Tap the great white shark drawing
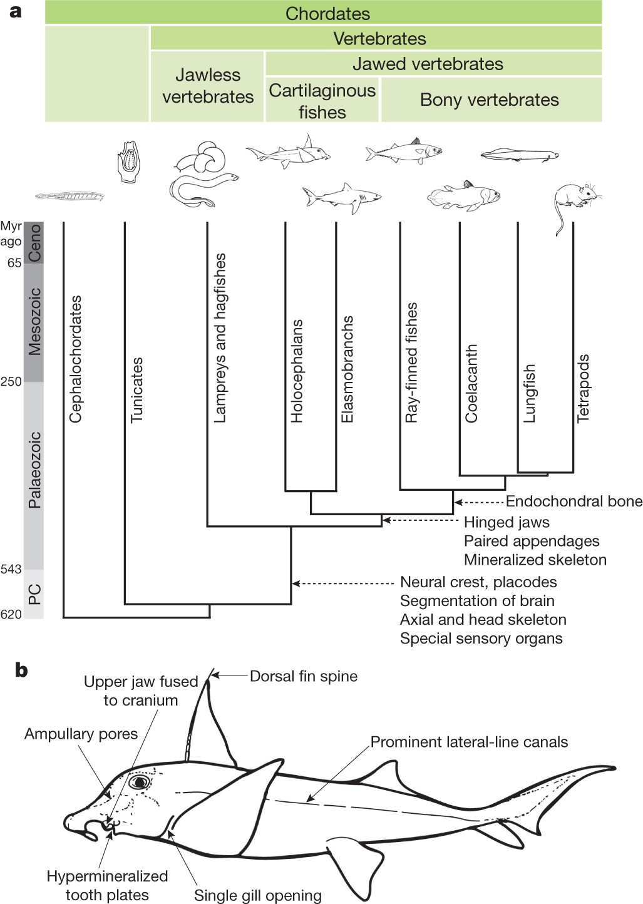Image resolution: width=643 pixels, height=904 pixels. (341, 197)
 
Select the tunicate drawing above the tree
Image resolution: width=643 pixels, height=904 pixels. (128, 162)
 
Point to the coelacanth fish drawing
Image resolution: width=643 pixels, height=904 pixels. (464, 195)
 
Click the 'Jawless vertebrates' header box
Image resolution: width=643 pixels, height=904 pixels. (207, 86)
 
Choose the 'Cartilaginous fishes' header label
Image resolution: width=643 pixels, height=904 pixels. (322, 101)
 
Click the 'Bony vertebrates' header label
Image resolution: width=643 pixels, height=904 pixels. (490, 100)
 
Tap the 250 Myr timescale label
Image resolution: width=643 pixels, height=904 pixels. (11, 381)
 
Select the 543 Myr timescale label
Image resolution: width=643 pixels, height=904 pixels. (11, 569)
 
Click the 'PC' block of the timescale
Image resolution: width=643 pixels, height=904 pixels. (34, 594)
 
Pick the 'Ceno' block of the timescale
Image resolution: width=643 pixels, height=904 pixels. (34, 243)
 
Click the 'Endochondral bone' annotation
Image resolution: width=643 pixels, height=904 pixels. (574, 501)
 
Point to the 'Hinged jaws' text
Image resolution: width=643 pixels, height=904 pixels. (507, 522)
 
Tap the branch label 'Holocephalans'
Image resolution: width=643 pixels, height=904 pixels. (297, 371)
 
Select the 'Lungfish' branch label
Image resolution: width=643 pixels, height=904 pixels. (529, 393)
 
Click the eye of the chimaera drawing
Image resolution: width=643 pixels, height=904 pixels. (138, 783)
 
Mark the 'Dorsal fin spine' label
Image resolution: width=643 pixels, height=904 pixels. (304, 676)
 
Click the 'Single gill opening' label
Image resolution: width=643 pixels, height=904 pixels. (257, 895)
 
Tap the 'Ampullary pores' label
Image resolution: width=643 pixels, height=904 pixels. (81, 734)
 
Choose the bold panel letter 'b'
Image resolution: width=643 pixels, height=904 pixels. (21, 670)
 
